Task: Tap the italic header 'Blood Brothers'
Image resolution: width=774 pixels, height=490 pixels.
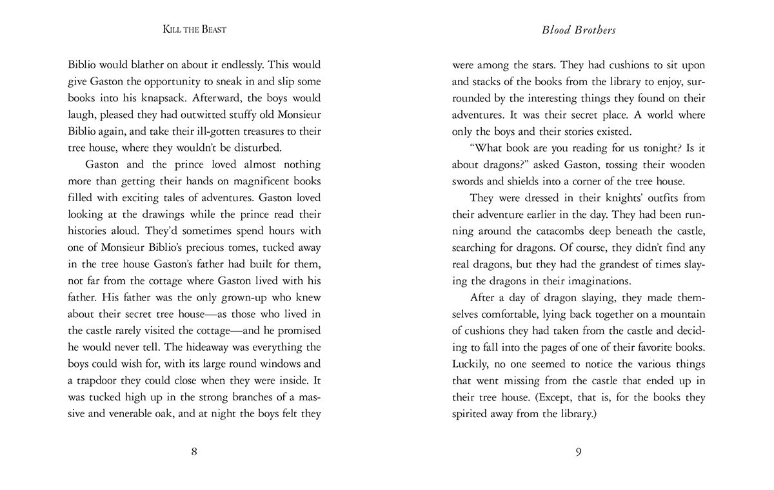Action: (579, 30)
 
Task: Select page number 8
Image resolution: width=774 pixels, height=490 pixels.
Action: (194, 451)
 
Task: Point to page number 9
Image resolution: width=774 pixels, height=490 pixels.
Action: (579, 451)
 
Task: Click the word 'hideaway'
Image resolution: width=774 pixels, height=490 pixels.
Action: (206, 347)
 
